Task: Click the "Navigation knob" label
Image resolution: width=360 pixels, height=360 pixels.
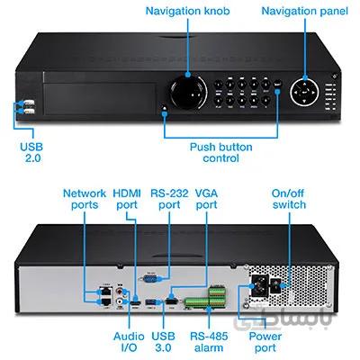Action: click(x=187, y=11)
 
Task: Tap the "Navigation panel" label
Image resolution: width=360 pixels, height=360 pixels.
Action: click(x=304, y=11)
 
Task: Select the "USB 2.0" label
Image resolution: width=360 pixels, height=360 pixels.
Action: click(x=31, y=152)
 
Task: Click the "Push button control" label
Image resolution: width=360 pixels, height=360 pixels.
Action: click(x=221, y=152)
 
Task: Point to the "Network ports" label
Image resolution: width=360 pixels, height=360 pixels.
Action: click(x=85, y=199)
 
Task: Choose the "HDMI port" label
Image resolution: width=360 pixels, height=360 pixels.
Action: click(x=127, y=199)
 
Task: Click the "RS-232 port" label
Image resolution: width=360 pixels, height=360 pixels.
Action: click(x=169, y=199)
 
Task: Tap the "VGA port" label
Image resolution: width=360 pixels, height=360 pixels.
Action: click(x=206, y=199)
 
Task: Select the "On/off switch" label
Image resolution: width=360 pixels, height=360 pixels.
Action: click(x=289, y=199)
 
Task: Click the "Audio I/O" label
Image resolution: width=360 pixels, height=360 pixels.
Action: click(x=129, y=342)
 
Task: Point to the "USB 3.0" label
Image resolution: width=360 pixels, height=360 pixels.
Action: click(x=163, y=342)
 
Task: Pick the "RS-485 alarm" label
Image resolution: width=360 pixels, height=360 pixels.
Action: click(x=209, y=342)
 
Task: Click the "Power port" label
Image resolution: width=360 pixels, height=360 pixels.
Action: click(x=265, y=342)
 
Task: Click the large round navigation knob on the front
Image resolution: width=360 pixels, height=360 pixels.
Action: click(x=189, y=92)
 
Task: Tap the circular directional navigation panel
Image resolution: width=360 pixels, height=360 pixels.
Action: click(x=304, y=91)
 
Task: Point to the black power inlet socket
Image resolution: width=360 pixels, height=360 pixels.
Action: click(x=259, y=285)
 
